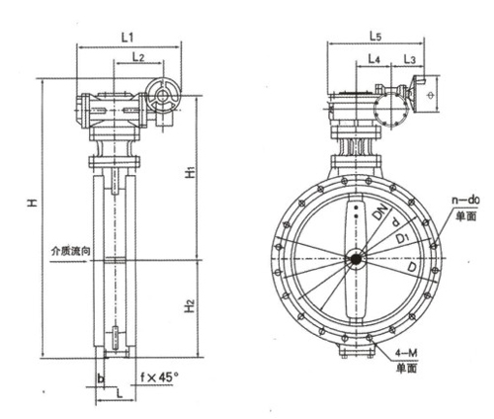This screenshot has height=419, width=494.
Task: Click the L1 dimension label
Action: coord(127,38)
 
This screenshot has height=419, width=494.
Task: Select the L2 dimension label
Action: coord(138,57)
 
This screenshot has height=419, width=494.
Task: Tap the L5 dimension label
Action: coord(375,36)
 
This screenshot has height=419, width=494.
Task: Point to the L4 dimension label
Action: coord(373,59)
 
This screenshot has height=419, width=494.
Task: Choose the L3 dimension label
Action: coord(410,59)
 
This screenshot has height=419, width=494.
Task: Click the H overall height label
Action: coord(32,203)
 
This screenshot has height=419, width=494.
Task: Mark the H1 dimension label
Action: coord(190,172)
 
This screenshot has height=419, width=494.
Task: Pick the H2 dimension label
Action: coord(190,306)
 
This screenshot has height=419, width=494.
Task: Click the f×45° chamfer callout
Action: coord(159,377)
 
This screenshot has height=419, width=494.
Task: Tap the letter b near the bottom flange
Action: coord(101,378)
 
